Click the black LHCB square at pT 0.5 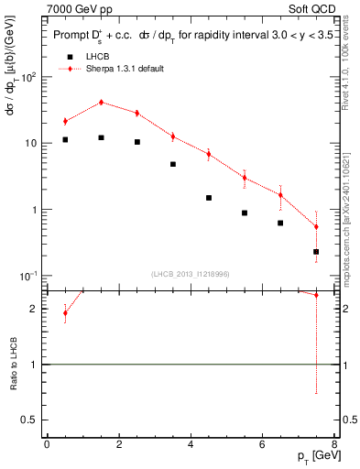pyautogui.click(x=65, y=139)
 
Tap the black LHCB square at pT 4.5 pyautogui.click(x=209, y=198)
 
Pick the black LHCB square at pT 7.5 pyautogui.click(x=316, y=251)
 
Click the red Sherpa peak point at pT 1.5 pyautogui.click(x=101, y=103)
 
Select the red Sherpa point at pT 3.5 pyautogui.click(x=173, y=136)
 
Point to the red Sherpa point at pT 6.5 pyautogui.click(x=280, y=195)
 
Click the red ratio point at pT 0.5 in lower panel pyautogui.click(x=65, y=312)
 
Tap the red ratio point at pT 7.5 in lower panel pyautogui.click(x=316, y=295)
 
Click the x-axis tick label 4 pyautogui.click(x=191, y=444)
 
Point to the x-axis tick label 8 pyautogui.click(x=334, y=444)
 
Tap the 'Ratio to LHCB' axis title pyautogui.click(x=14, y=365)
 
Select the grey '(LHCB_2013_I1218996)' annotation pyautogui.click(x=191, y=274)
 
